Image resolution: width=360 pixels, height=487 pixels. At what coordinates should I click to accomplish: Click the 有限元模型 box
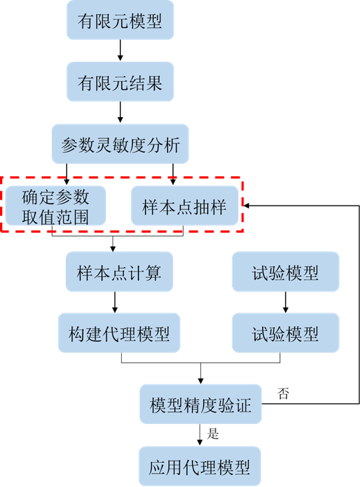click(120, 22)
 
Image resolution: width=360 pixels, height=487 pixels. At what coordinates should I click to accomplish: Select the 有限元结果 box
click(120, 83)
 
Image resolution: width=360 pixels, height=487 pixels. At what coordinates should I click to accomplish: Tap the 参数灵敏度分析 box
click(120, 145)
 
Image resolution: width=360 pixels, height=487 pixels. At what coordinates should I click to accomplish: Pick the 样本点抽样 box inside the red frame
click(184, 206)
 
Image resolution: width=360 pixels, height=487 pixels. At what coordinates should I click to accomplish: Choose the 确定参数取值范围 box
click(55, 206)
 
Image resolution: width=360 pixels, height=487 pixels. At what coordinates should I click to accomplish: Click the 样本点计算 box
click(119, 272)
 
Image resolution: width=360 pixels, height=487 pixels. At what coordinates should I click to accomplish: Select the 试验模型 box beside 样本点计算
click(285, 272)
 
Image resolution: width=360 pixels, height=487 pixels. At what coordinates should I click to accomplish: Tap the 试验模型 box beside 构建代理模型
click(285, 333)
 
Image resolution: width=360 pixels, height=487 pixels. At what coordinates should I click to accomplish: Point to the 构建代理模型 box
click(119, 333)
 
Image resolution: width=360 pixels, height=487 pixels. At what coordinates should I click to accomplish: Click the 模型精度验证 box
click(200, 405)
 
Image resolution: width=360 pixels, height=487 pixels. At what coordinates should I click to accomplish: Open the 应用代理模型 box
click(200, 466)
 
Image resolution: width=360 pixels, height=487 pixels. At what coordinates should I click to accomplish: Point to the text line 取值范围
click(55, 216)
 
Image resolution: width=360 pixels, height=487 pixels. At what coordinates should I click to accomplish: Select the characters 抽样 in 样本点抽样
click(210, 206)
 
